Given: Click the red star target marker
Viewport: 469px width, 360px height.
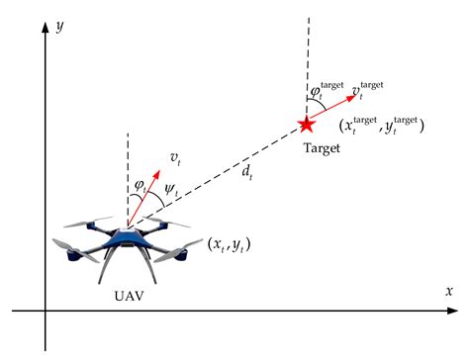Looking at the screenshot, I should click(x=307, y=125).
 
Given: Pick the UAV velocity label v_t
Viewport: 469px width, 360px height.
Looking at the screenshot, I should click(x=176, y=158).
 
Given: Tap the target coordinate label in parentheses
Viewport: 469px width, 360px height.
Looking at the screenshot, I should click(x=380, y=127).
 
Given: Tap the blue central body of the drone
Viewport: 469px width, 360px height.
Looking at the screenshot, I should click(x=129, y=238).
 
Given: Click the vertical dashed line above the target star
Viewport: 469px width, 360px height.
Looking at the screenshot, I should click(x=307, y=59).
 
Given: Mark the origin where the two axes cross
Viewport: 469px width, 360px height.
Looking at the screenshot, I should click(x=45, y=312).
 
